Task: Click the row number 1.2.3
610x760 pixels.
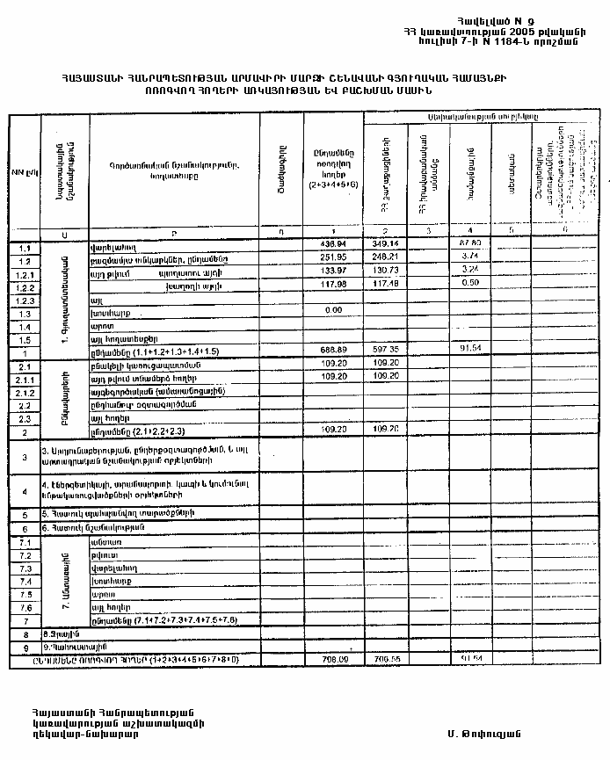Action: pos(25,300)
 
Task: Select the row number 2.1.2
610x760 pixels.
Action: pos(25,392)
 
